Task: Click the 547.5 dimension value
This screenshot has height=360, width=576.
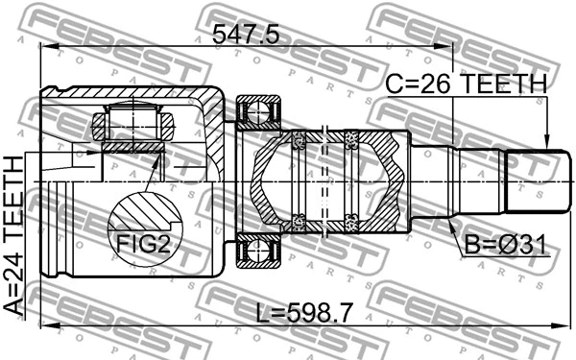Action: click(x=244, y=35)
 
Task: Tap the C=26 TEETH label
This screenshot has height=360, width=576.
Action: click(x=466, y=85)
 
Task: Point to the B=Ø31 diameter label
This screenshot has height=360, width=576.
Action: click(x=504, y=247)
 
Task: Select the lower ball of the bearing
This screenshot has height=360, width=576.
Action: click(x=256, y=252)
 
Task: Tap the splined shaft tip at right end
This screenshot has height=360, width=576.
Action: click(x=534, y=183)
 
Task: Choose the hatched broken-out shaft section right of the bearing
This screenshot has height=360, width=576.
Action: click(x=384, y=182)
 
